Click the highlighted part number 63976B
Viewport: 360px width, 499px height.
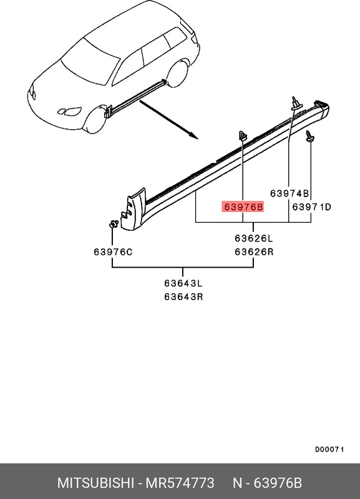(243, 207)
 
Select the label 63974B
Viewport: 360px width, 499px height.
(289, 193)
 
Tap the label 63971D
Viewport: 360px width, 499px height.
(311, 207)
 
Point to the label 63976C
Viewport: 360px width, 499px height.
(113, 252)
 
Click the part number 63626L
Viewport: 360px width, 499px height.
(254, 238)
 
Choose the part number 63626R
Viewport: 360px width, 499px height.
(254, 252)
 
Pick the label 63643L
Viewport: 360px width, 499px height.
(183, 283)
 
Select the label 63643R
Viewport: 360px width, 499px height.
(183, 297)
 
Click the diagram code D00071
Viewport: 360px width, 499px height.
(329, 449)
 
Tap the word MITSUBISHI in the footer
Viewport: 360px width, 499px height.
(95, 483)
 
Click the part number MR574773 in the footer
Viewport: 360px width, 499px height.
(180, 483)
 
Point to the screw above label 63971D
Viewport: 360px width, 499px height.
(309, 136)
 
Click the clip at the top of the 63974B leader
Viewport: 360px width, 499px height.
(294, 104)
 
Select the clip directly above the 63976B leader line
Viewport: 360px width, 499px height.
(243, 136)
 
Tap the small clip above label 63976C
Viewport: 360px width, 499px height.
(114, 225)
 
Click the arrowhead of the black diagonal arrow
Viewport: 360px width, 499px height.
(195, 137)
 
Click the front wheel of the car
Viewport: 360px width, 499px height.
(94, 120)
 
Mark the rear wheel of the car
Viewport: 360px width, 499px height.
(177, 75)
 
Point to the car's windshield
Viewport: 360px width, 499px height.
(90, 63)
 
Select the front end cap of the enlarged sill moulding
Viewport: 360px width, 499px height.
(133, 210)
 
